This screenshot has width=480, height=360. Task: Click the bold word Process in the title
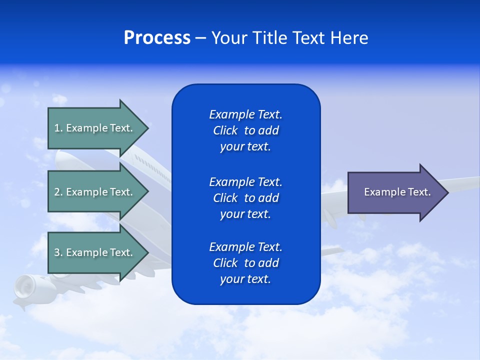pos(157,38)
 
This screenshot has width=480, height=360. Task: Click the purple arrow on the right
pos(395,192)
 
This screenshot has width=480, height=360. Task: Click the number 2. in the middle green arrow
pos(58,192)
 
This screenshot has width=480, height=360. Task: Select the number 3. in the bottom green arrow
pos(58,252)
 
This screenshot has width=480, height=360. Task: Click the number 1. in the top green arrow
pos(58,128)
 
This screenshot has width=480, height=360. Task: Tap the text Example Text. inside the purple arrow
pos(397,192)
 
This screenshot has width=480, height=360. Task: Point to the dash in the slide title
pos(200,38)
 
